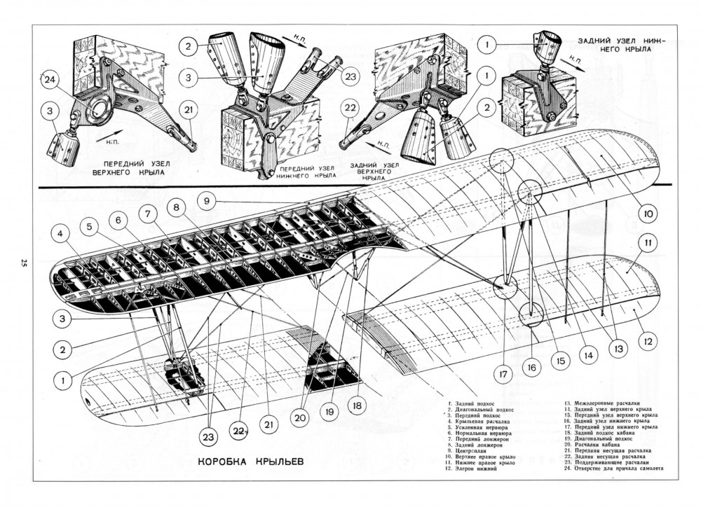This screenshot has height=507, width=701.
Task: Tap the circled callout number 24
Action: tap(49, 80)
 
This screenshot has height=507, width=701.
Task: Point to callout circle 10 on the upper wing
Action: tap(646, 213)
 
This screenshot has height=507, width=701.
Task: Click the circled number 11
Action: tap(648, 243)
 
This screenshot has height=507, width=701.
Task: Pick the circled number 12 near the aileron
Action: tap(648, 342)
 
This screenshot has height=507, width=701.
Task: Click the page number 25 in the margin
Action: tap(23, 265)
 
